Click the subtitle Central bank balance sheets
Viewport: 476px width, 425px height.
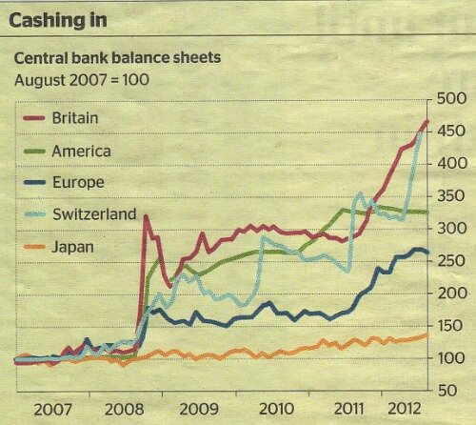point(117,57)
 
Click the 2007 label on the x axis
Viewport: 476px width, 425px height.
point(52,409)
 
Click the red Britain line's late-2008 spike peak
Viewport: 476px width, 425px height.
point(146,216)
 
